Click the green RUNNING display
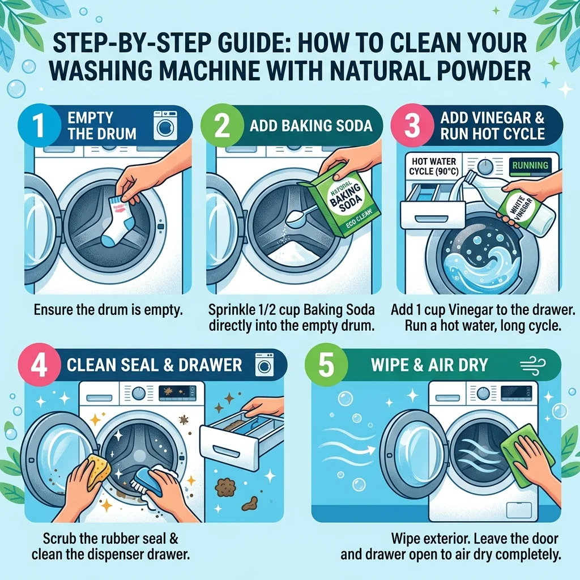pyautogui.click(x=530, y=165)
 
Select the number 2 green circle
pyautogui.click(x=221, y=125)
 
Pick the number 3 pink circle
pyautogui.click(x=413, y=125)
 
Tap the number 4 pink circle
pyautogui.click(x=39, y=364)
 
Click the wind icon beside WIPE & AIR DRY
pyautogui.click(x=532, y=364)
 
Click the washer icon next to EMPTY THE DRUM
pyautogui.click(x=163, y=125)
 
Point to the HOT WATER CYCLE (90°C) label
pyautogui.click(x=433, y=167)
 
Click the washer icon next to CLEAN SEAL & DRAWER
pyautogui.click(x=265, y=364)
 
